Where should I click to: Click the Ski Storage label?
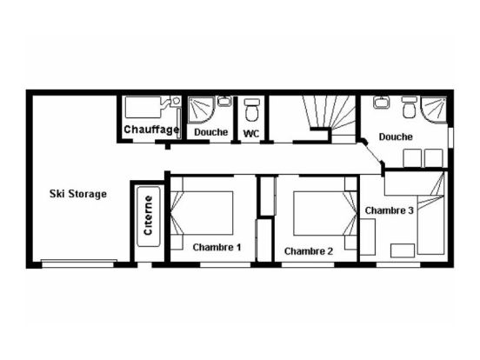coord(78,194)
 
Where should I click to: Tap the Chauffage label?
coord(151,130)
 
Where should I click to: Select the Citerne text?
coord(148,216)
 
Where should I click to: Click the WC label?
coord(251,133)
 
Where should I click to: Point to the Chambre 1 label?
coord(217,247)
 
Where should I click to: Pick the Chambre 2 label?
coord(309,251)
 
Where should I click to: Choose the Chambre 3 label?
coord(389,210)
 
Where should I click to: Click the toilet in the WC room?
coord(252,110)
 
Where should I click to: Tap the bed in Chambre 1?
coord(202,213)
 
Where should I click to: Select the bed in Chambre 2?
coord(325,213)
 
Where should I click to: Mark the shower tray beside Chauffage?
coord(201,110)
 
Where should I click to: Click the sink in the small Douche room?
coord(224,102)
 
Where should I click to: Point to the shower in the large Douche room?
coord(434,110)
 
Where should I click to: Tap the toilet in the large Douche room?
coord(409,107)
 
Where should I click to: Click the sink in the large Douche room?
coord(381,103)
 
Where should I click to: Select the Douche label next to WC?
coord(211,132)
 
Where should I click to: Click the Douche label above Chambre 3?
coord(396,137)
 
